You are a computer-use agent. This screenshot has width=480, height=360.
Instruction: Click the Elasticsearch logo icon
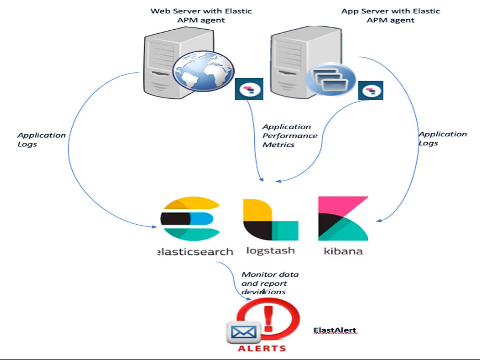point(189,219)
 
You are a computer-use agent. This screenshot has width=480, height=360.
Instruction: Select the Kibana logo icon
point(343,218)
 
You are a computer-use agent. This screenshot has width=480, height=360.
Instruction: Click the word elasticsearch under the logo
point(195,252)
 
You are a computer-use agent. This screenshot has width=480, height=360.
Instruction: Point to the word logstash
point(270,251)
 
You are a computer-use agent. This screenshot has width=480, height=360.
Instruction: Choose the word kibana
point(343,251)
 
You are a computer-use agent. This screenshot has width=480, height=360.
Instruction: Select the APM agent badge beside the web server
point(249,90)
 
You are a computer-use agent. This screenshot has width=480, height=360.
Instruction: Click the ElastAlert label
point(335,330)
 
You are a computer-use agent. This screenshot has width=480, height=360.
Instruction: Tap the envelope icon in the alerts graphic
point(243,332)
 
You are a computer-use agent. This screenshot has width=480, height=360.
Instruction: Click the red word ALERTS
point(263,348)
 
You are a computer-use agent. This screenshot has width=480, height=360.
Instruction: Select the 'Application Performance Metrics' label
point(289,135)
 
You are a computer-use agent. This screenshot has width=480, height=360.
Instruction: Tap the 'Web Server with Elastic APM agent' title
point(201,15)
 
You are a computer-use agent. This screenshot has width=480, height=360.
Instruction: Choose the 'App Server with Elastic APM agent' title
point(390,15)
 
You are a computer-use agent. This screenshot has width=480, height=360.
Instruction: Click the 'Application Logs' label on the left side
point(41,139)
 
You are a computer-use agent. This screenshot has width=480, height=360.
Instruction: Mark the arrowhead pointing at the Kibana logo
point(379,221)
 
